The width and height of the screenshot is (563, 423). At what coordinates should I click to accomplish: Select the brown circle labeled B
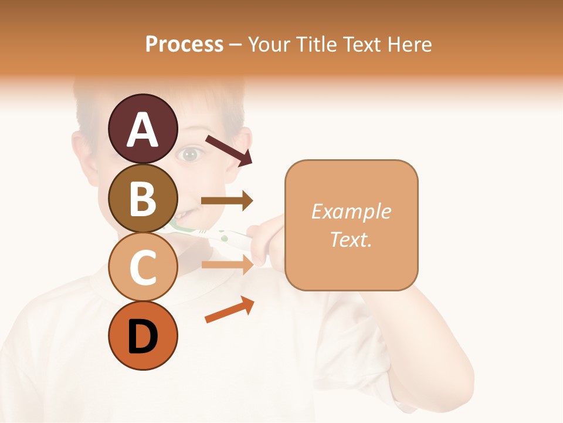click(143, 198)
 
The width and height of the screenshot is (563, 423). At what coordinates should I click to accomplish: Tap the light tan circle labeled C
click(143, 267)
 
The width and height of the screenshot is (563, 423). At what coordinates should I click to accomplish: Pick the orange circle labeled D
click(143, 336)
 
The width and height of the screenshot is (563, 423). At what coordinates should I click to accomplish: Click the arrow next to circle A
click(228, 149)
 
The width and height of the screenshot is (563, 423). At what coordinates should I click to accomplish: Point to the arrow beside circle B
click(227, 201)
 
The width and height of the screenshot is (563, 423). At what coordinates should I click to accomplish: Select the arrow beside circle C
click(227, 264)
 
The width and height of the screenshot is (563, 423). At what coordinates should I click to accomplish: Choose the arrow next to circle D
click(229, 310)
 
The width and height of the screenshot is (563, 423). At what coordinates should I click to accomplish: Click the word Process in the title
click(184, 44)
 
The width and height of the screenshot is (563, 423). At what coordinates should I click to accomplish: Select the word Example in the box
click(351, 211)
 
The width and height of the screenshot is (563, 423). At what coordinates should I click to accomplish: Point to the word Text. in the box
click(351, 239)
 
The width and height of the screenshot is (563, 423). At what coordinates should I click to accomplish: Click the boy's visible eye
click(190, 155)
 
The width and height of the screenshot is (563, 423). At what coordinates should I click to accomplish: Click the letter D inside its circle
click(143, 337)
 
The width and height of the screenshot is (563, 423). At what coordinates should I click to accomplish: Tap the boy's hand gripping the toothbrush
click(267, 238)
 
